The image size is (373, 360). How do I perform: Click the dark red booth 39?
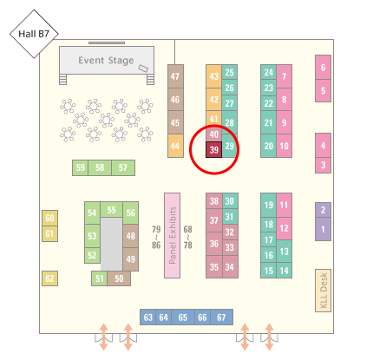tap(213, 150)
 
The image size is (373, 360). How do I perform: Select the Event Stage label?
tap(106, 61)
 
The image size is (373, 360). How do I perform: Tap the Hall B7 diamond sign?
tap(34, 34)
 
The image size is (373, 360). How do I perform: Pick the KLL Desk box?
tap(323, 291)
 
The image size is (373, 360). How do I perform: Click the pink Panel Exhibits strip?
tap(173, 235)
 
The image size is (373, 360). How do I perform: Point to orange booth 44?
tap(175, 146)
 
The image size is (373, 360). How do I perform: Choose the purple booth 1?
tap(323, 229)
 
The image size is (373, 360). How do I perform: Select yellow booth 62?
tap(49, 278)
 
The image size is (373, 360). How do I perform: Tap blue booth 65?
tap(183, 317)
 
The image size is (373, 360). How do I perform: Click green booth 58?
tap(100, 167)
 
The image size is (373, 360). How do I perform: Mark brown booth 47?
tap(175, 76)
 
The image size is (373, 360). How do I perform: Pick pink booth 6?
tap(323, 68)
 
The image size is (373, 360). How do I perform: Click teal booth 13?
tap(284, 252)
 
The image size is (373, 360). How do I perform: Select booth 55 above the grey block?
tap(111, 210)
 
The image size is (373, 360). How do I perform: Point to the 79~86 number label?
tap(156, 237)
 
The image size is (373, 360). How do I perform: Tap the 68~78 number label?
tap(188, 237)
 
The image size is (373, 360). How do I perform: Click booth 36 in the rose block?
tap(214, 244)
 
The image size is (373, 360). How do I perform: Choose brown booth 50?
tap(119, 278)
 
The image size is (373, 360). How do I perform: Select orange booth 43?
tap(213, 76)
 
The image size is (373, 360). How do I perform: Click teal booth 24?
tap(268, 72)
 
